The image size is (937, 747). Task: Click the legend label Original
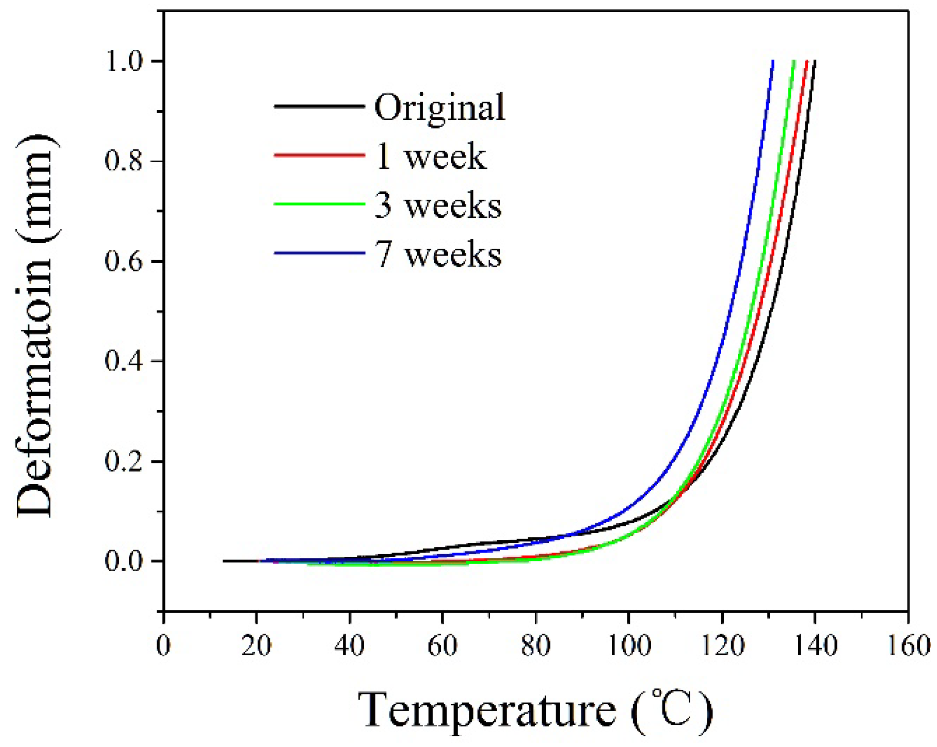(439, 108)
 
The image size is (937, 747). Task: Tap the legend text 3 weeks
(438, 206)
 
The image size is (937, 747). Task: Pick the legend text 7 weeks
(438, 254)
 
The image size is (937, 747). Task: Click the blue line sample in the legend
(319, 253)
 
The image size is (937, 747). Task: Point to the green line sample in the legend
(319, 204)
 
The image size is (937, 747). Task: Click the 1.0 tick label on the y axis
(123, 61)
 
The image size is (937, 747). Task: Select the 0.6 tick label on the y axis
(123, 261)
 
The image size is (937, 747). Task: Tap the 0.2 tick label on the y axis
(123, 462)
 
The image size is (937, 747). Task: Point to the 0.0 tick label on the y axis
(123, 561)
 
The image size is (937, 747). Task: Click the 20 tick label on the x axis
(256, 645)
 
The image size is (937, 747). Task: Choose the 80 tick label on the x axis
(536, 645)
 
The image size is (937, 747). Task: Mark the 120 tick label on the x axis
(722, 645)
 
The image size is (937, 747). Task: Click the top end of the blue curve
(773, 61)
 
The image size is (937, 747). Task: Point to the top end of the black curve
(815, 61)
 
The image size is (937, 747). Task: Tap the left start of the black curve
(224, 561)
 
